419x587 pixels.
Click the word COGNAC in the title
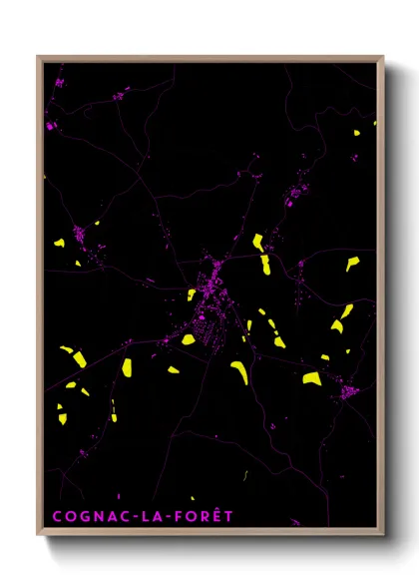[88, 516]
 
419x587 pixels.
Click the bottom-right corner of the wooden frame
[383, 536]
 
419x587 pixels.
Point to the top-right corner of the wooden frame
[383, 57]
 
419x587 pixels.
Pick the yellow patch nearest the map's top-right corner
[356, 132]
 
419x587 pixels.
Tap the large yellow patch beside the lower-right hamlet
[312, 378]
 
